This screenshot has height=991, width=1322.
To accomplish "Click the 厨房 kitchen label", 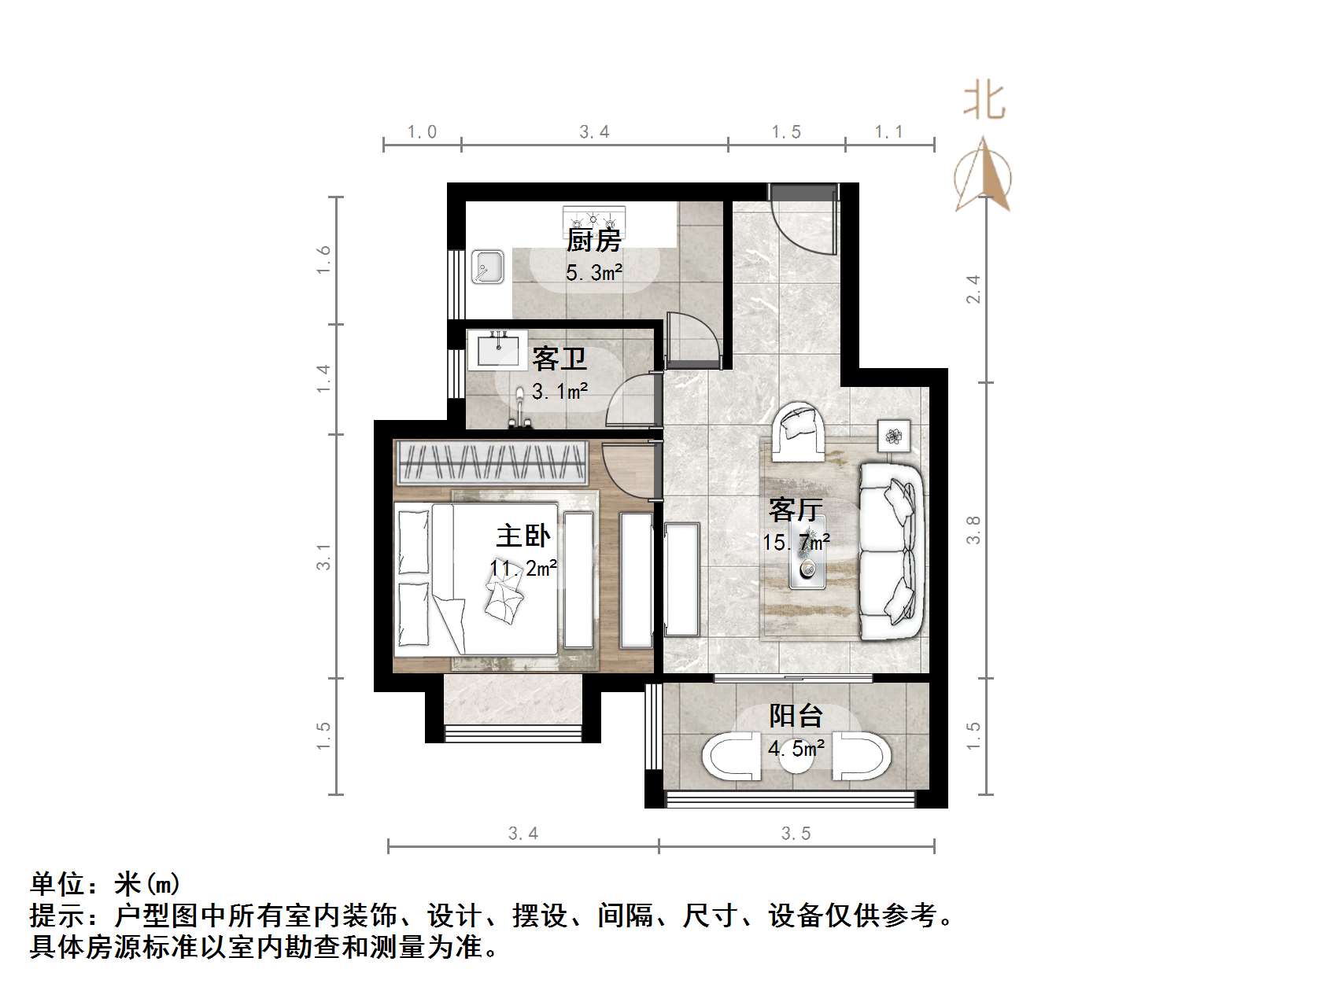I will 594,240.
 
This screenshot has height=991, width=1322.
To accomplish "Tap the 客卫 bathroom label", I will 559,359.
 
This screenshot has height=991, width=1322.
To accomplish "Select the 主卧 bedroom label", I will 523,536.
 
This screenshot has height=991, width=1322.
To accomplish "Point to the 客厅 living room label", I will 796,510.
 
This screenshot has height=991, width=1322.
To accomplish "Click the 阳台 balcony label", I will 796,716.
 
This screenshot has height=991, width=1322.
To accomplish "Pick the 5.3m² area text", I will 594,273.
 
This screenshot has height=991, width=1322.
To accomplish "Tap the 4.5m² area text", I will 796,748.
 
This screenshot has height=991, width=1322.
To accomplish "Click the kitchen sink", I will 489,267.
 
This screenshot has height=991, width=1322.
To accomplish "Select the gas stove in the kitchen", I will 594,216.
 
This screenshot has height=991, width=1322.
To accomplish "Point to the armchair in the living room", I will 798,432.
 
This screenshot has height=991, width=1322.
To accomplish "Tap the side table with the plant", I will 894,435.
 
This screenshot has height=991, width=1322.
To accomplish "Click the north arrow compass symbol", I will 984,177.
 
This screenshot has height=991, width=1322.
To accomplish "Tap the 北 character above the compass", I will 984,102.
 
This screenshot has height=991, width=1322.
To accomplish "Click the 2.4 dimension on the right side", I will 973,288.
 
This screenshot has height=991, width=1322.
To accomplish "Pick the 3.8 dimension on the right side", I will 973,529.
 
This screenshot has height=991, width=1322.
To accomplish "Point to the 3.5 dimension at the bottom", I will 796,833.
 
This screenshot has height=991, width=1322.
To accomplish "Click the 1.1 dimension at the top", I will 889,132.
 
